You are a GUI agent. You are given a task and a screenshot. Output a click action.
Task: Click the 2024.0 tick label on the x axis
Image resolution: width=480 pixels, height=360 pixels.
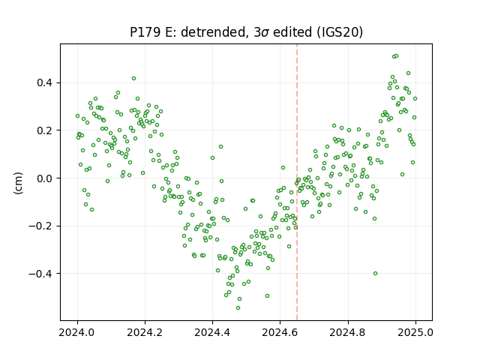pyautogui.click(x=77, y=332)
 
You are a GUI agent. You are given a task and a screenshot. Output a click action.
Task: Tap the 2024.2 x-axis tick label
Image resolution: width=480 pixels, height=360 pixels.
pyautogui.click(x=145, y=332)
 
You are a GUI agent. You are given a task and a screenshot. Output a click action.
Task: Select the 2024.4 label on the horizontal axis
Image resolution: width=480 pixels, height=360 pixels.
pyautogui.click(x=212, y=332)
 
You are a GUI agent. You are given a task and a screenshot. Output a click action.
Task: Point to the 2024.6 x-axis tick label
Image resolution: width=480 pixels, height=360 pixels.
pyautogui.click(x=280, y=332)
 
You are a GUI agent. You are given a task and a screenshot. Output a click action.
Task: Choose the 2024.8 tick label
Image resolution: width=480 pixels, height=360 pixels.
pyautogui.click(x=348, y=332)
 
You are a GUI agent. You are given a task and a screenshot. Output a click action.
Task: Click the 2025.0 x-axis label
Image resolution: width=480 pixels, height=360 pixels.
pyautogui.click(x=415, y=332)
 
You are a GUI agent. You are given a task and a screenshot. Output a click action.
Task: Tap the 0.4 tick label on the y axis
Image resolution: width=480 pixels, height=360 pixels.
pyautogui.click(x=44, y=82)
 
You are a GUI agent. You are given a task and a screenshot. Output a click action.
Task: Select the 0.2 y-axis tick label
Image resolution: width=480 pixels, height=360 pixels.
pyautogui.click(x=44, y=130)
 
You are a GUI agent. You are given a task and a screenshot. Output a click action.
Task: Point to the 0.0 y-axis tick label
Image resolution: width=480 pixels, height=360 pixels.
pyautogui.click(x=44, y=178)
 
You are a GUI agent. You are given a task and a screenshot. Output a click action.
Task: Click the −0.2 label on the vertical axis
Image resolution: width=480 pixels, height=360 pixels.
pyautogui.click(x=40, y=226)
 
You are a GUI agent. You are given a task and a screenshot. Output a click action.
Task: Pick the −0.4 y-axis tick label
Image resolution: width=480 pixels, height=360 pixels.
pyautogui.click(x=40, y=273)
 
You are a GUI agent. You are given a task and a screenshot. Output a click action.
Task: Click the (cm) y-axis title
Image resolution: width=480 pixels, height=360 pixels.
pyautogui.click(x=18, y=183)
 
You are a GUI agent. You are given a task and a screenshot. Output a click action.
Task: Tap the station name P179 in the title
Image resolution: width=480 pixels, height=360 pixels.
pyautogui.click(x=145, y=32)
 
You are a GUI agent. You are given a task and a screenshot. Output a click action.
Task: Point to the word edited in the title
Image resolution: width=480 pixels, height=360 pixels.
pyautogui.click(x=292, y=32)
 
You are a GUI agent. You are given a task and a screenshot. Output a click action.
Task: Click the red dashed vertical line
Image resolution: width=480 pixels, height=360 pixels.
pyautogui.click(x=297, y=182)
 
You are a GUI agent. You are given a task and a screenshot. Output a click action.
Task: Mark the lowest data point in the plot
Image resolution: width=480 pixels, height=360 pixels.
pyautogui.click(x=238, y=308)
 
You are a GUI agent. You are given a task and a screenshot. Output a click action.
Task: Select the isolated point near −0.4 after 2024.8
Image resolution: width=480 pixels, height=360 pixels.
pyautogui.click(x=375, y=273)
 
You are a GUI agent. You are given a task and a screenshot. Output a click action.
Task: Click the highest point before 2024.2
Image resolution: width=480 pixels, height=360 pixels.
pyautogui.click(x=133, y=78)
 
